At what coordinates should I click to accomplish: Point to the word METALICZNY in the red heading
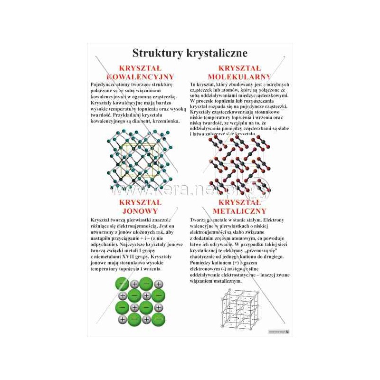[x=240, y=210]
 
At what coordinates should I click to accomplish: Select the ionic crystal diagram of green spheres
[x=140, y=302]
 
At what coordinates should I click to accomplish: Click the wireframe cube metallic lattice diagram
[x=240, y=309]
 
